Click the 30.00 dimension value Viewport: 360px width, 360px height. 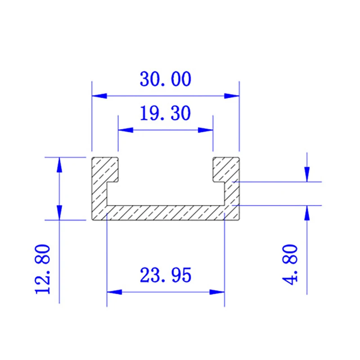coord(165,80)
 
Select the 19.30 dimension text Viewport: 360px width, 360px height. coord(165,114)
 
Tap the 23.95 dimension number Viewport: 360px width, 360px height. coord(165,275)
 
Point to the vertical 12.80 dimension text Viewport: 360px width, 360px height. coord(43,269)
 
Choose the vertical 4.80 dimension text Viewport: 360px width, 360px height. coord(291,264)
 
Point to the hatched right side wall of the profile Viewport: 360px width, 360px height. coord(231,193)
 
